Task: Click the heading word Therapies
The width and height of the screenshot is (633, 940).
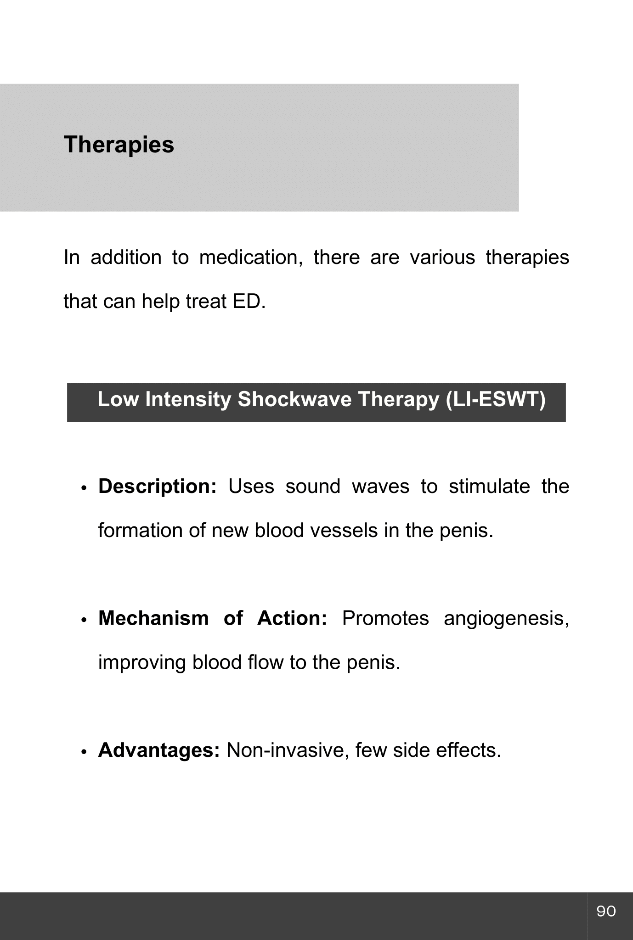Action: pos(119,145)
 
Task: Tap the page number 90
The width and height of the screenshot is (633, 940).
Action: pos(606,911)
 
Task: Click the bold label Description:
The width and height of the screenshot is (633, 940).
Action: pos(157,487)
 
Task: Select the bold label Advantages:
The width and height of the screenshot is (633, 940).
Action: pos(159,750)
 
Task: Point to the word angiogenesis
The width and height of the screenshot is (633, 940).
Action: pos(506,619)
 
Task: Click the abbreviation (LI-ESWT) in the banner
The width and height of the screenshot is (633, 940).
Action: pos(495,399)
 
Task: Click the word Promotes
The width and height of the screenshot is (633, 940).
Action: pos(385,619)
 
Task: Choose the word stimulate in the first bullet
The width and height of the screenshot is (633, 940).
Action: pos(489,487)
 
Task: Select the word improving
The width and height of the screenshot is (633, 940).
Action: pos(142,663)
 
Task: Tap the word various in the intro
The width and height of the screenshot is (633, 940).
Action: pos(442,257)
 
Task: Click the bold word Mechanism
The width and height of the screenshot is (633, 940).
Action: pos(153,619)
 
